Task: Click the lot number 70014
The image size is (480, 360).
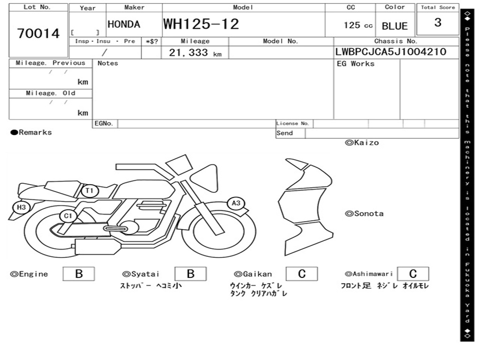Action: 38,33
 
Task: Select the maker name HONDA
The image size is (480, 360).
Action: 124,24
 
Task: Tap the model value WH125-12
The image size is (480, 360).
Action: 201,24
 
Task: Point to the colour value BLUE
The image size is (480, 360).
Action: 395,26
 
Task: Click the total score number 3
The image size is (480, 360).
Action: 438,22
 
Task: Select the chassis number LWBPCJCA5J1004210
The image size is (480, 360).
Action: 390,52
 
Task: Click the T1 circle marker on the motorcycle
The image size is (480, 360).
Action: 90,191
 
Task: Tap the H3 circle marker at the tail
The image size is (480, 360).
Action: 21,207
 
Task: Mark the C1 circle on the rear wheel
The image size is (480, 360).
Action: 67,216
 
